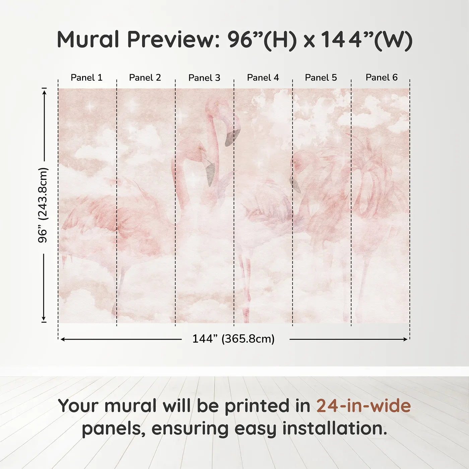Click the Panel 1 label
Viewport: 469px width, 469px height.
pos(86,78)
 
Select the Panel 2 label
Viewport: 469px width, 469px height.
pos(145,78)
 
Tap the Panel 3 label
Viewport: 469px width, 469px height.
pos(204,78)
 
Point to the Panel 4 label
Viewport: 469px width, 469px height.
pos(263,78)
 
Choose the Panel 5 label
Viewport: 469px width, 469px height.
pos(321,78)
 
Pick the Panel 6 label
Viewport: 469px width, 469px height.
pos(382,78)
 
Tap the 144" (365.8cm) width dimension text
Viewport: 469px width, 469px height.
pos(233,339)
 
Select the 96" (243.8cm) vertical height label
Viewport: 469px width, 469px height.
pos(43,205)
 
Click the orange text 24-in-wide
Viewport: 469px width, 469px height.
pos(363,406)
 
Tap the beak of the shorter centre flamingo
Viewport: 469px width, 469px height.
pos(210,173)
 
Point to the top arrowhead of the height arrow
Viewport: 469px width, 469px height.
pos(44,91)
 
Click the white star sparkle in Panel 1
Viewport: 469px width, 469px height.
pos(90,107)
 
